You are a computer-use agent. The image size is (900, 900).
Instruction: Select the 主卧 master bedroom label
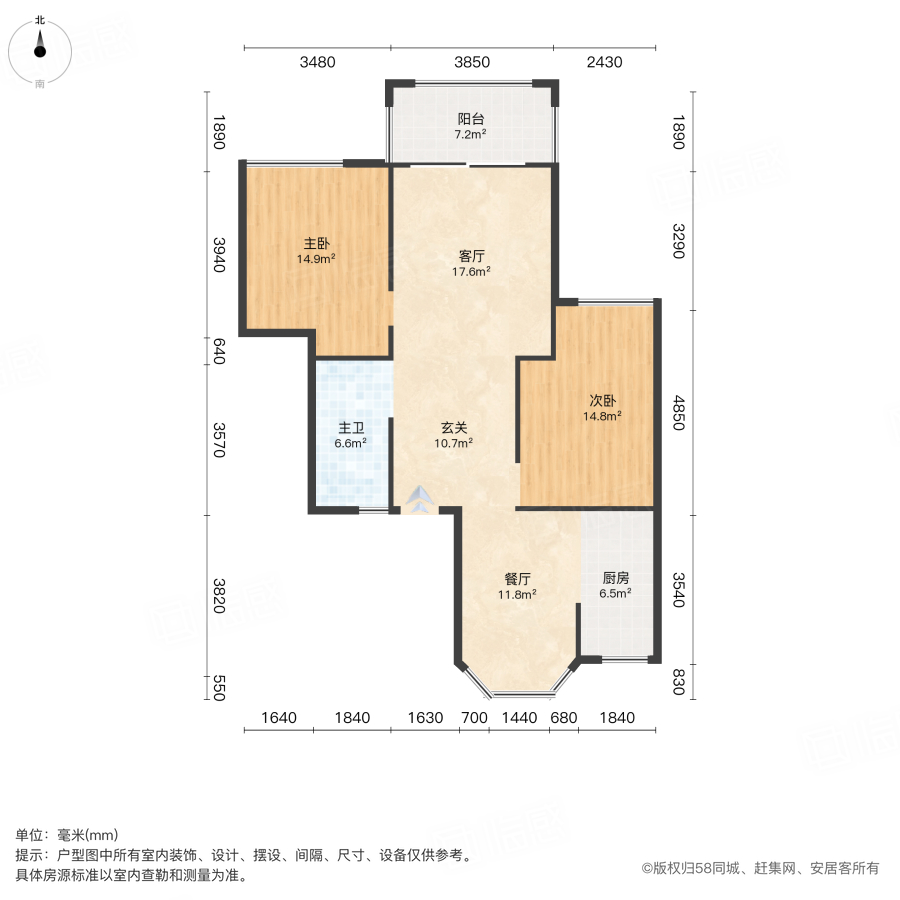pos(316,243)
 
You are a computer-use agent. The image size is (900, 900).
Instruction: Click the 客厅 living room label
pos(470,256)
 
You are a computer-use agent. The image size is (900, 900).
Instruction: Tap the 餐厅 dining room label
pos(517,578)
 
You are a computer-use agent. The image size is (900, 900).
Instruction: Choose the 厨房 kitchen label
pos(616,578)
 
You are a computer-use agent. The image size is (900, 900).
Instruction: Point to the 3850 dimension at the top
pos(472,62)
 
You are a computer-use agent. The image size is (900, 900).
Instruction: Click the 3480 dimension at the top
pos(318,62)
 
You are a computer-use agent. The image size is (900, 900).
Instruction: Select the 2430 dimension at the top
pos(604,62)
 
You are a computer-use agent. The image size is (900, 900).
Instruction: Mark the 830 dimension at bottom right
pos(679,682)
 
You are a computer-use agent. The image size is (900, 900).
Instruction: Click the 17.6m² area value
pos(470,271)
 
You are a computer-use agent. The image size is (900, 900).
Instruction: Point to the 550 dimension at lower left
pos(222,688)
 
